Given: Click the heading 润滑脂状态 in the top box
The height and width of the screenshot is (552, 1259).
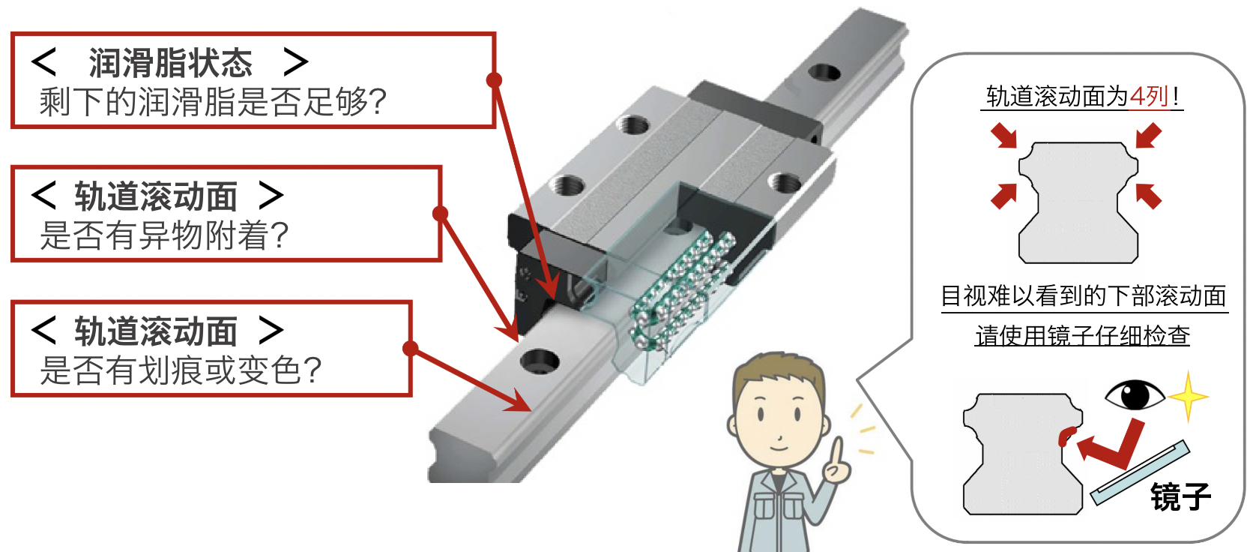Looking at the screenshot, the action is [170, 62].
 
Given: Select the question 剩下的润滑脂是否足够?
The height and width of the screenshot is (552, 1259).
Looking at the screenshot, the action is [213, 102].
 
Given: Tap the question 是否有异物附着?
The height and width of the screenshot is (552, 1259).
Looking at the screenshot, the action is [164, 235].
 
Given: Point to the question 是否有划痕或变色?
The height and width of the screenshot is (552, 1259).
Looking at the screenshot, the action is [181, 370].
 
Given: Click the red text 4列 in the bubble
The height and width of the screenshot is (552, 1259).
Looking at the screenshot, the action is [1150, 96].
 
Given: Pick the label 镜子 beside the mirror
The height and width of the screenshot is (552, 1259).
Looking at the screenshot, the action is [1180, 496].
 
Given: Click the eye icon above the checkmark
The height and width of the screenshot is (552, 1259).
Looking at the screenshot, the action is [1135, 395].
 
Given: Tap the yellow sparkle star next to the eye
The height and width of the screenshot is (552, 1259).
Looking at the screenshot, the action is [1188, 397].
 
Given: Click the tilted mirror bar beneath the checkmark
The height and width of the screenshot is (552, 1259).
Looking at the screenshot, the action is [1140, 472].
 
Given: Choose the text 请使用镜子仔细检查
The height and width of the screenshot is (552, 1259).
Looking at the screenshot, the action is [1082, 336].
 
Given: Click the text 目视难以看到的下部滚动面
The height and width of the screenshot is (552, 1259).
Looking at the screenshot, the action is [1084, 296].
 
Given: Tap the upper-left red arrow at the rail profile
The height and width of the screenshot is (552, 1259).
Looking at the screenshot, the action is [1004, 136].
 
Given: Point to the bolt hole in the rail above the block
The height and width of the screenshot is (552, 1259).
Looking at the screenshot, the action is [824, 72].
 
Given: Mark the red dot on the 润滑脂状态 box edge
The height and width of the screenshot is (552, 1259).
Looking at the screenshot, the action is [494, 80].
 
